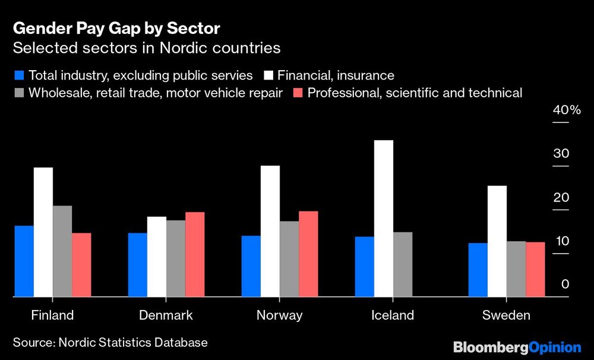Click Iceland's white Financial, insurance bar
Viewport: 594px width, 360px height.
[384, 218]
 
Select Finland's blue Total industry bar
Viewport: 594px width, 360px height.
[24, 261]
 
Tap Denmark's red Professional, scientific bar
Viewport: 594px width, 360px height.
[195, 254]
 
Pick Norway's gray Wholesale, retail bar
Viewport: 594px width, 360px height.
[289, 258]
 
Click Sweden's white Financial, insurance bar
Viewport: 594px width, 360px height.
[497, 241]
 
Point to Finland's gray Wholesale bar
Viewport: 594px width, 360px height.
[62, 251]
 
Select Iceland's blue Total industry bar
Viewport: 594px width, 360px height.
[364, 266]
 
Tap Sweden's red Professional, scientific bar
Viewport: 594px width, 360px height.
[535, 269]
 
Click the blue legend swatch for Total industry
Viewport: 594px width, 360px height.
[18, 75]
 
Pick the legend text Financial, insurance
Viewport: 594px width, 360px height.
[336, 75]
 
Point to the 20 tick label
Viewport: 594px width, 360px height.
[561, 198]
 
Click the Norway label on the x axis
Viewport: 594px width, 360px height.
[279, 315]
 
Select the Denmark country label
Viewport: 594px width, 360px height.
[166, 315]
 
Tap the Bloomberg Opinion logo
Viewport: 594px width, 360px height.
[516, 347]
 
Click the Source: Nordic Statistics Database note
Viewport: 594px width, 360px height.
[110, 343]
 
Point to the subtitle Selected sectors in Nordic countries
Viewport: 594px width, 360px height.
[146, 48]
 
